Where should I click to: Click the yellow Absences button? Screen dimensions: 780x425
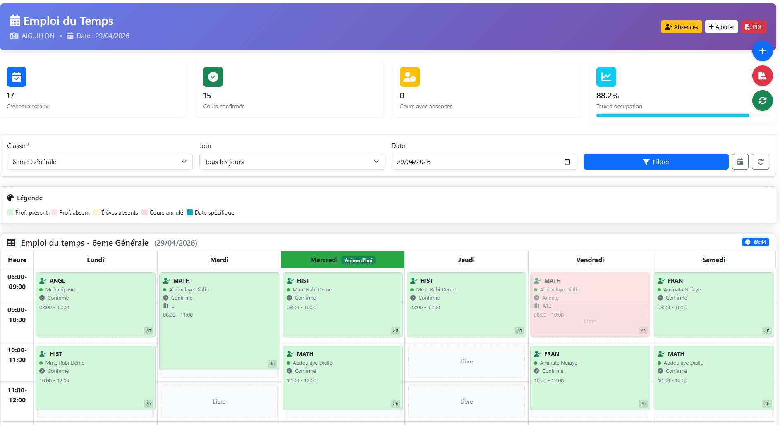pyautogui.click(x=681, y=27)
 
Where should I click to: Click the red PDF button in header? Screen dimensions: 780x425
pyautogui.click(x=754, y=27)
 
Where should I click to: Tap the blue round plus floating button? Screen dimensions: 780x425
pyautogui.click(x=763, y=51)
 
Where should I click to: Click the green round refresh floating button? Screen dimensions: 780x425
pyautogui.click(x=763, y=100)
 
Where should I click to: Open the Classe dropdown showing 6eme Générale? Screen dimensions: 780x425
pyautogui.click(x=100, y=162)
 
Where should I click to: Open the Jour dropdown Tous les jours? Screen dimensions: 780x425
pyautogui.click(x=292, y=162)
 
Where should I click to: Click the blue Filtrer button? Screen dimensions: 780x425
pyautogui.click(x=656, y=162)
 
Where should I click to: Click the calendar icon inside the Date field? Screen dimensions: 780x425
pyautogui.click(x=567, y=162)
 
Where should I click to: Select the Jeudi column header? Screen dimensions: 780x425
pyautogui.click(x=467, y=260)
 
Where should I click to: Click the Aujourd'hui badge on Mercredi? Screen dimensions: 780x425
pyautogui.click(x=359, y=260)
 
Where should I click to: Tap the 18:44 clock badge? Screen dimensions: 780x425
pyautogui.click(x=756, y=242)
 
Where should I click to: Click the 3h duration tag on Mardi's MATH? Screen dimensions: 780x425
pyautogui.click(x=272, y=363)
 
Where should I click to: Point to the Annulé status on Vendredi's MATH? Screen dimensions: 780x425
pyautogui.click(x=550, y=298)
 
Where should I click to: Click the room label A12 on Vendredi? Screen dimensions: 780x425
pyautogui.click(x=547, y=306)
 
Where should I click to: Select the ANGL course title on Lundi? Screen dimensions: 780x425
pyautogui.click(x=57, y=281)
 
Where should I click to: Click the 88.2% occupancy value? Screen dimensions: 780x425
pyautogui.click(x=608, y=96)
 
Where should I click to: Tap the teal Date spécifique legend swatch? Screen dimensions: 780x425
pyautogui.click(x=190, y=212)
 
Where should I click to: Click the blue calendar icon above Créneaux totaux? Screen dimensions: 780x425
pyautogui.click(x=17, y=77)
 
